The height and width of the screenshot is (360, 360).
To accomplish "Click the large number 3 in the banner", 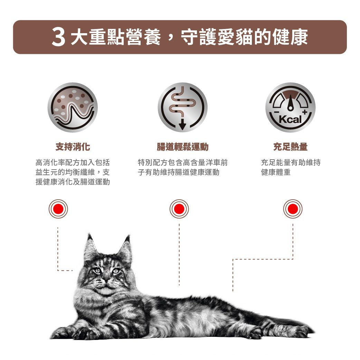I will [x=59, y=38].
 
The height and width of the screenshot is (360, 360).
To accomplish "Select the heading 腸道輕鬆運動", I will [x=182, y=147].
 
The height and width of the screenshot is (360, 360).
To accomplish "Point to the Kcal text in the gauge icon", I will [x=290, y=120].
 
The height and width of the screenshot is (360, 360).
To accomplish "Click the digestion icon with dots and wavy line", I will [x=73, y=107].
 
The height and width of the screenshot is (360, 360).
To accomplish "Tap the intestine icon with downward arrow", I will [x=182, y=107].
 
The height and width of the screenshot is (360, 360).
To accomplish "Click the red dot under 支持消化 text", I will [x=58, y=209].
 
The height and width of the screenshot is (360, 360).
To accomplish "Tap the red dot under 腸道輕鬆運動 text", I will [x=179, y=209].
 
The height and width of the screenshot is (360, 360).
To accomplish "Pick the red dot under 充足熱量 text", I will [x=293, y=209].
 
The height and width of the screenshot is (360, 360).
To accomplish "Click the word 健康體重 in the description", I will [x=276, y=172].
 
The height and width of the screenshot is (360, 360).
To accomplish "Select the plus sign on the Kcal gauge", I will [x=305, y=113].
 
